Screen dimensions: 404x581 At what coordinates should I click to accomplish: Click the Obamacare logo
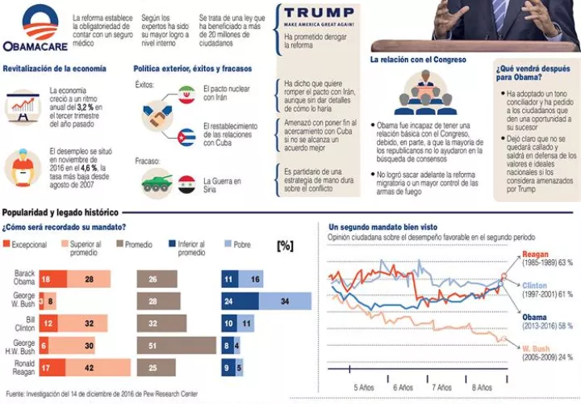pos(34,31)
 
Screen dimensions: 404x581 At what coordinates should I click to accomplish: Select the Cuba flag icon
pos(187,137)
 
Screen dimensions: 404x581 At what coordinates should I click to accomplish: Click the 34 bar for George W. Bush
pos(285,302)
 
